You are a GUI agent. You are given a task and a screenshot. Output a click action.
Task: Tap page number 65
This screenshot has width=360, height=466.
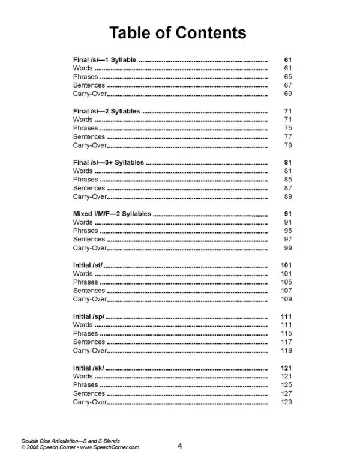coord(287,77)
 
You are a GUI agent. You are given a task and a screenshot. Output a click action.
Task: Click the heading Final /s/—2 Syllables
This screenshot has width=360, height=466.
coord(107,112)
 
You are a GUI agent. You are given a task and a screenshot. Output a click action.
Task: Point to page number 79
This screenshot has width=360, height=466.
coord(287,145)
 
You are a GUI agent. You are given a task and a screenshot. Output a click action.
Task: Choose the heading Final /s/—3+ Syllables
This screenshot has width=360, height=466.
coord(109,163)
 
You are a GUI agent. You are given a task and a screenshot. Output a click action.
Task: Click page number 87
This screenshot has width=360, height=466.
coord(287,188)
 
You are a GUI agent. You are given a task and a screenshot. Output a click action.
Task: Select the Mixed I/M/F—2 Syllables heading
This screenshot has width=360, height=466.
coord(112,214)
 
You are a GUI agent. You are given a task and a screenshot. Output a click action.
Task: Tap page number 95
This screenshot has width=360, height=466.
coord(287,231)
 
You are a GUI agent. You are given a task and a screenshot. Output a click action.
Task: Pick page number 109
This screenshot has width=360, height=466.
coord(286,299)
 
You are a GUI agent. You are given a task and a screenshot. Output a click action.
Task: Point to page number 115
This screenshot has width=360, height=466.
coord(286,333)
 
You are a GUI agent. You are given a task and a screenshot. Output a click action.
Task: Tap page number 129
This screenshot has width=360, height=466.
coord(286,401)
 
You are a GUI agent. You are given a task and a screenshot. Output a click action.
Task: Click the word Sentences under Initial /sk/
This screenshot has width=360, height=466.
coord(89,393)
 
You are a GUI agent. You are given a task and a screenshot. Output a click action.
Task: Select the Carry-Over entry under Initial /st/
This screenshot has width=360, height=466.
coord(90,299)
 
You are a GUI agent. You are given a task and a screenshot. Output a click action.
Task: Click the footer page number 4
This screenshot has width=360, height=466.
coord(180,446)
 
